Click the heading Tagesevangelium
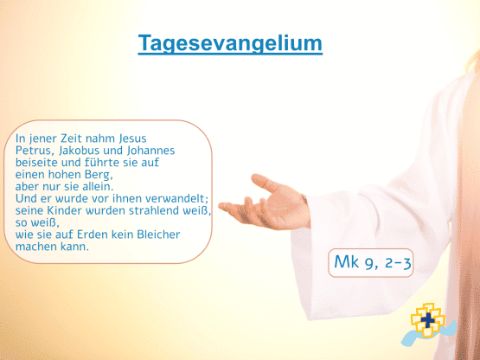point(230,44)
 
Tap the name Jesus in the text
point(132,138)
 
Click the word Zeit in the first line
point(71,138)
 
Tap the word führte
point(104,163)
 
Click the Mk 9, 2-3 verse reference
point(372,263)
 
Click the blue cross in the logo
point(427,320)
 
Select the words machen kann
point(52,247)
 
